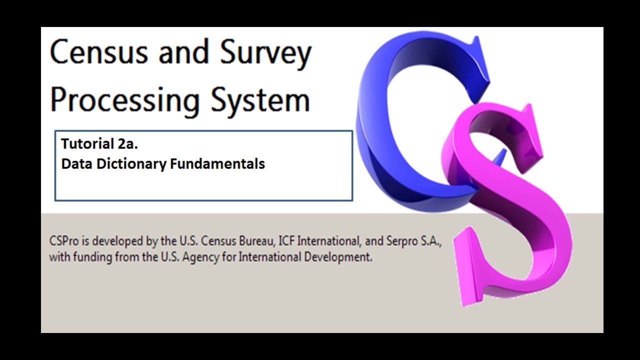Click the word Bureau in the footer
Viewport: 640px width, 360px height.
pos(258,241)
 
